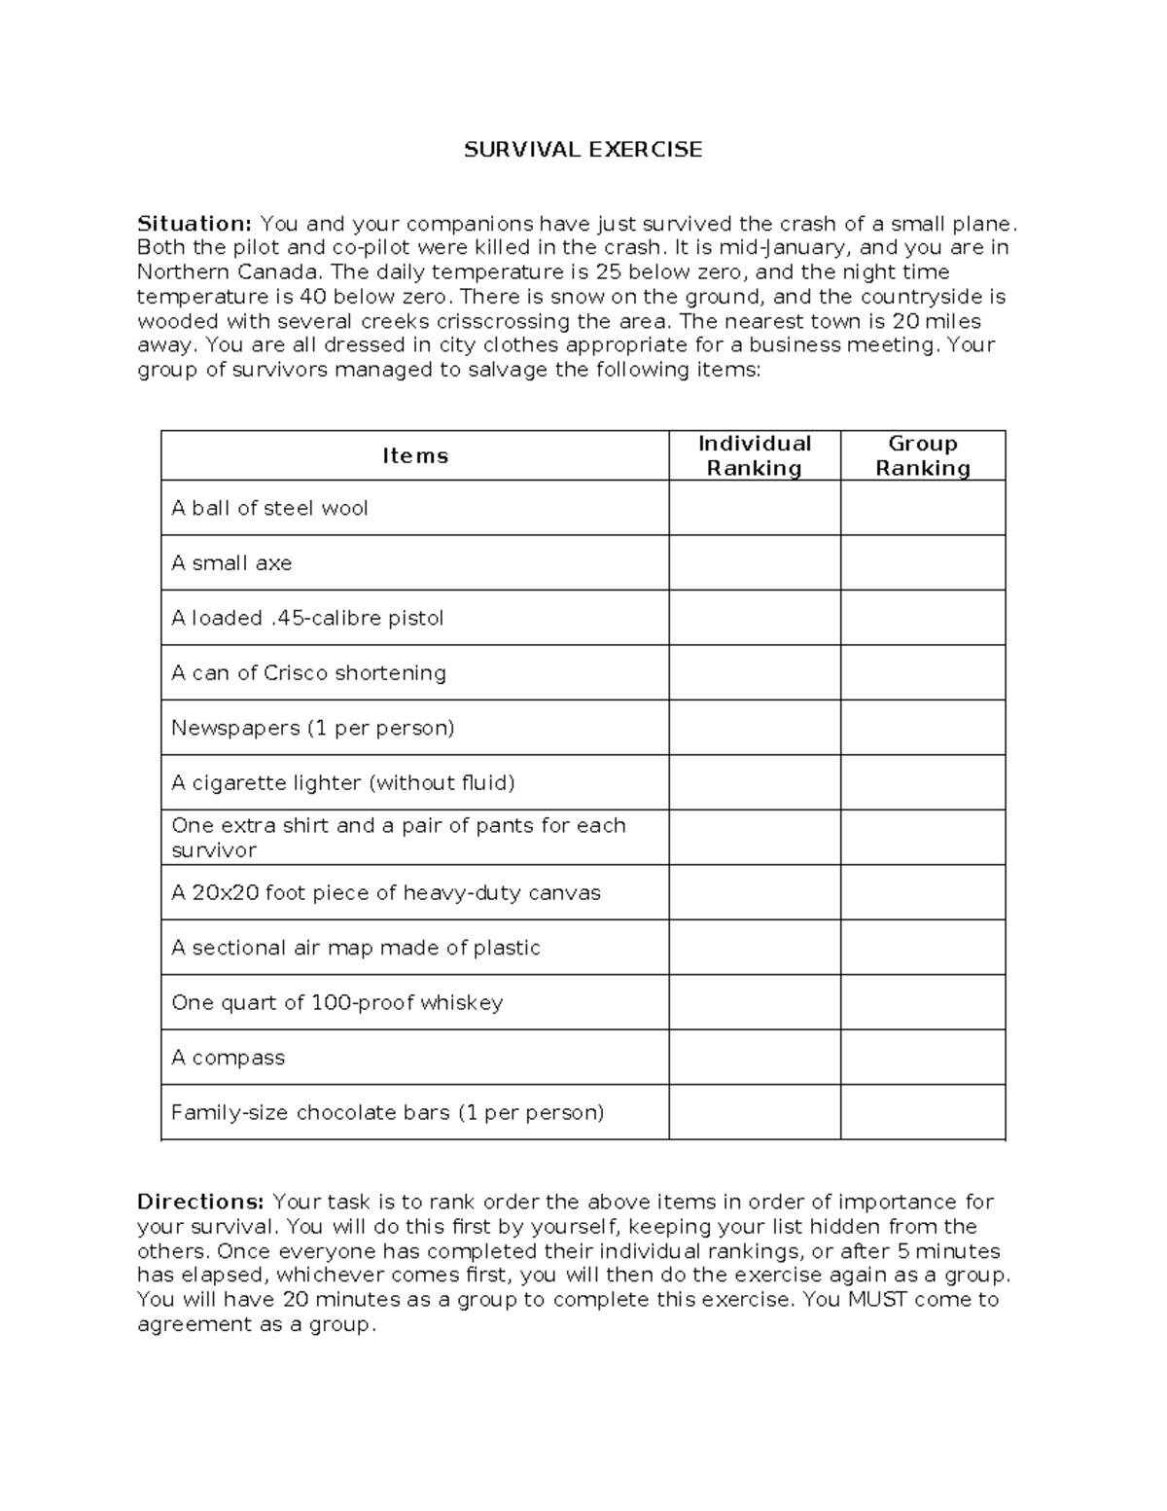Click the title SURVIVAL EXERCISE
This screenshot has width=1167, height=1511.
pyautogui.click(x=583, y=150)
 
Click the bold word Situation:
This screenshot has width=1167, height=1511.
pyautogui.click(x=194, y=224)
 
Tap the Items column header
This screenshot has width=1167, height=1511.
pyautogui.click(x=415, y=456)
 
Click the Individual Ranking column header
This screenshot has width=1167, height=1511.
pyautogui.click(x=754, y=455)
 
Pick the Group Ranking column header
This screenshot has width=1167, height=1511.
pyautogui.click(x=922, y=455)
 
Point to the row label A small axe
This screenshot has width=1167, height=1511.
pyautogui.click(x=231, y=563)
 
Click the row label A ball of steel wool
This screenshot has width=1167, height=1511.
pyautogui.click(x=269, y=508)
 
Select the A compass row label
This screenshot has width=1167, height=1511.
pyautogui.click(x=229, y=1058)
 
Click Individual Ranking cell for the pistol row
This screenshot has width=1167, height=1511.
pyautogui.click(x=754, y=618)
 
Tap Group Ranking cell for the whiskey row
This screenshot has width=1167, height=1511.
pyautogui.click(x=922, y=1002)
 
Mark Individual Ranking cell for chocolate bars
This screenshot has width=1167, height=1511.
pyautogui.click(x=754, y=1112)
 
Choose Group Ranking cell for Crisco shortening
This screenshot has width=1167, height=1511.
pyautogui.click(x=922, y=672)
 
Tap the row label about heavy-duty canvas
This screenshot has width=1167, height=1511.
pyautogui.click(x=386, y=893)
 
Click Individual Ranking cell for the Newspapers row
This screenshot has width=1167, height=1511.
pyautogui.click(x=754, y=728)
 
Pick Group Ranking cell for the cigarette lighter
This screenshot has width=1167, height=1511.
pyautogui.click(x=922, y=782)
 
